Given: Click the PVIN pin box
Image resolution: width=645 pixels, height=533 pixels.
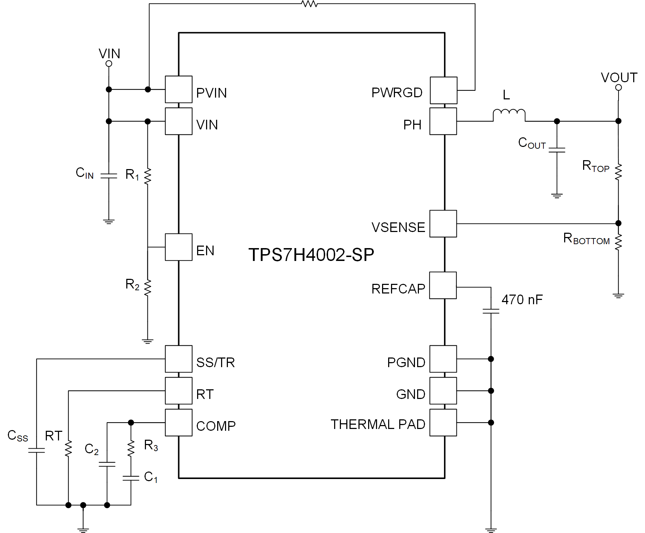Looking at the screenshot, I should (179, 89).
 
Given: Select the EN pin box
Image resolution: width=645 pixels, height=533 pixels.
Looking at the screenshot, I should (179, 247).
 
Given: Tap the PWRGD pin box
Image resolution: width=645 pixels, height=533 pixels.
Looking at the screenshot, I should (443, 90).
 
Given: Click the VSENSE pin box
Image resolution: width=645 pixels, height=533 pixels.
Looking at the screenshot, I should (443, 224).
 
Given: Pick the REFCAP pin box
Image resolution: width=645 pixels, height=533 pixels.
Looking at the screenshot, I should (443, 285).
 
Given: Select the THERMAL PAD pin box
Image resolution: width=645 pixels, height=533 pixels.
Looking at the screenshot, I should (443, 423).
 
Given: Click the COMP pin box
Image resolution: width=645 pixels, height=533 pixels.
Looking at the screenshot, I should (179, 423).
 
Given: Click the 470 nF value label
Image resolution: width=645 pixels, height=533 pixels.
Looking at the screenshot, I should (522, 300).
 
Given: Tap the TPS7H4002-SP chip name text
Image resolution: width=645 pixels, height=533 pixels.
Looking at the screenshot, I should (311, 255).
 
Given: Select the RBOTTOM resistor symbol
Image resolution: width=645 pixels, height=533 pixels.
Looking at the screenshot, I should (618, 242).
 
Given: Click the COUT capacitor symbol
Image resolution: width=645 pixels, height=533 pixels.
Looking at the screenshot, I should (557, 150).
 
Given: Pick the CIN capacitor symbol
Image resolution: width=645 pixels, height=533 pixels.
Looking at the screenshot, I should (109, 176).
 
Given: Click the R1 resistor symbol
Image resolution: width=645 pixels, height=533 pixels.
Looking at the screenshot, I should (147, 176).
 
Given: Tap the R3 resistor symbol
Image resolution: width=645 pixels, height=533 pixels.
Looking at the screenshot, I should (131, 448).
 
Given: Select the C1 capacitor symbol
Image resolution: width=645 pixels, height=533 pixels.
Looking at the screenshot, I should (131, 478).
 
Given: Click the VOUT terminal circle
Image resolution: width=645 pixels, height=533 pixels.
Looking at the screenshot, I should (618, 88).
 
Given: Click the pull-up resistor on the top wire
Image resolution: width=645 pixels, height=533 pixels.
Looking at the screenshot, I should (309, 4).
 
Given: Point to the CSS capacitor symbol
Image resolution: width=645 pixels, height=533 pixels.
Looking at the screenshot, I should (36, 450).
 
